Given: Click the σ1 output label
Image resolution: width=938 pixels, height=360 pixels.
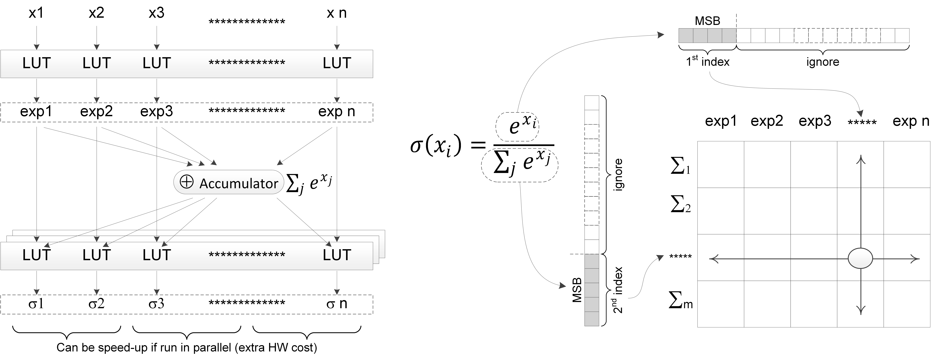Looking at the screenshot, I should pyautogui.click(x=36, y=303).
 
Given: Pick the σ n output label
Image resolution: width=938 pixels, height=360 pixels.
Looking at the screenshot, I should pyautogui.click(x=336, y=303).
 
